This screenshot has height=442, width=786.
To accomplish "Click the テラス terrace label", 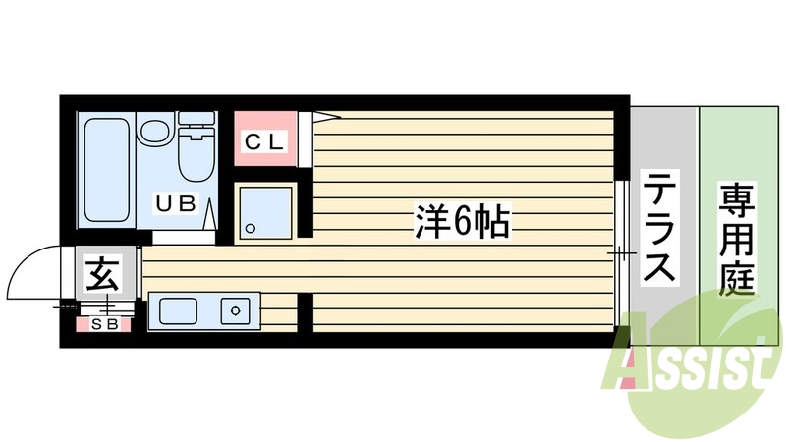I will pos(660,225).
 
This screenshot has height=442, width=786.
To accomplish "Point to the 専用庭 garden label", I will pos(736,239).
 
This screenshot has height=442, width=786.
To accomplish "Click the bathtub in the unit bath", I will pos(103,167).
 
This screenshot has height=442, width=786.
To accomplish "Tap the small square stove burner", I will pos(236,312).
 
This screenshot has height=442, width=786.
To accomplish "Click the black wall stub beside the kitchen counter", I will pos(305,312).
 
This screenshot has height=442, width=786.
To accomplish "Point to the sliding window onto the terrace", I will pos(622,253).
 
